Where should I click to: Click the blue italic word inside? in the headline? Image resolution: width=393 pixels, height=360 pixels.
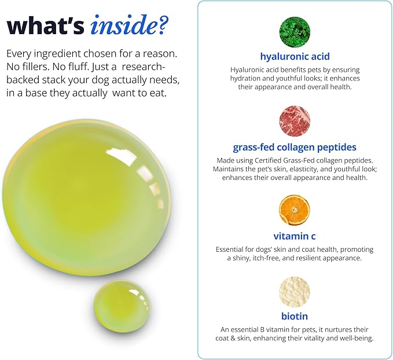coord(130,25)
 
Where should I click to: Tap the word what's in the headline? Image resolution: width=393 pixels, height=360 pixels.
coord(45,26)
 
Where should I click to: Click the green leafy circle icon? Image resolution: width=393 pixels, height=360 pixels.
coord(295,32)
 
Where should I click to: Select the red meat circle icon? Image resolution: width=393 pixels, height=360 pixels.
coord(295,121)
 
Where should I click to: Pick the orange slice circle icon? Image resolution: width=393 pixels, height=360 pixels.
coord(295,210)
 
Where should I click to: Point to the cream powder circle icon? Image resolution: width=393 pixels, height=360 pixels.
coord(295,292)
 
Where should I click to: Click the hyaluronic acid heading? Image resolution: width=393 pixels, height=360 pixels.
coord(295,57)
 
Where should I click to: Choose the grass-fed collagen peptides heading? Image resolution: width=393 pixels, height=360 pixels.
coord(295,148)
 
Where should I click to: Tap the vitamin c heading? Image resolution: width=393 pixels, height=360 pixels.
coord(295,236)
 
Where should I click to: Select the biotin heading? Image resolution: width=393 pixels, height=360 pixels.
coord(295,316)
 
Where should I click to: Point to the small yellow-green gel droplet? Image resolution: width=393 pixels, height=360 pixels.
coord(122,305)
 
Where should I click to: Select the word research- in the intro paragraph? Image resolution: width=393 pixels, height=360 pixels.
coord(144,67)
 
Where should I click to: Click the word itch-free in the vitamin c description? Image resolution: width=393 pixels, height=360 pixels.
coord(266,258)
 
